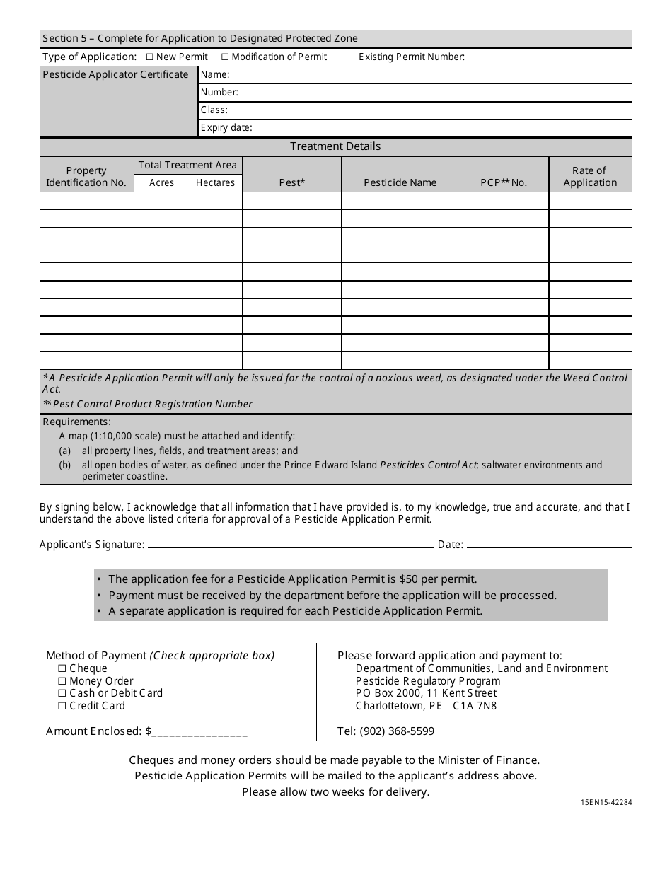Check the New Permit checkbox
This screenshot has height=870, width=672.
coord(149,57)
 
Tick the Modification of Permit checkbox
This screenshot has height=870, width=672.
coord(225,57)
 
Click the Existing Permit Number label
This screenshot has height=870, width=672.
coord(411,57)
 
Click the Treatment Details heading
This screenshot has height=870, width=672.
coord(335,146)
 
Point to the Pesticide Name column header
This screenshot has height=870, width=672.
coord(400,182)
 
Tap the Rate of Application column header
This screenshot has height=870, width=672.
coord(589,176)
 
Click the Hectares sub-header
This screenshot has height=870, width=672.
coord(215,182)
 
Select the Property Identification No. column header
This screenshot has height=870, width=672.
coord(86,176)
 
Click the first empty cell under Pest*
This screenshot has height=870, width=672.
coord(291,201)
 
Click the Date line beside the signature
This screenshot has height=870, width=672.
coord(549,544)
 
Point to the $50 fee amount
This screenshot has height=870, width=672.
coord(406,579)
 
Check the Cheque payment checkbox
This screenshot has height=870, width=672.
coord(62,668)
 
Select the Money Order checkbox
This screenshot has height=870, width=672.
coord(62,681)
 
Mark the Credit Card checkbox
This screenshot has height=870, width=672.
coord(62,706)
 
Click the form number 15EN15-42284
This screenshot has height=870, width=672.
coord(606,803)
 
